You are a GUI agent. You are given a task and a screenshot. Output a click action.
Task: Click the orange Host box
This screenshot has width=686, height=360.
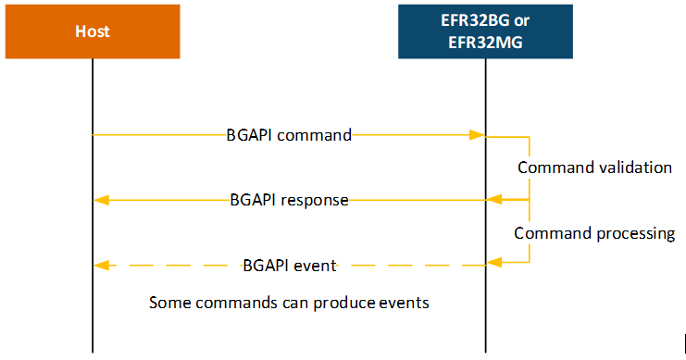93,31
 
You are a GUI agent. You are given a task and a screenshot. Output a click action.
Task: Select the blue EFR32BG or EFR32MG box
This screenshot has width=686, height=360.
484,31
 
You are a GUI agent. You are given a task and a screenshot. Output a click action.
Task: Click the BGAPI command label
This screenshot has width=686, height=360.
289,135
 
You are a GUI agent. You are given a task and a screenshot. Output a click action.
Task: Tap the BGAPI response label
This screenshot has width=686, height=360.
289,200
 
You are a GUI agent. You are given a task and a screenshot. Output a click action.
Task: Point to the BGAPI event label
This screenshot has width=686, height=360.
290,266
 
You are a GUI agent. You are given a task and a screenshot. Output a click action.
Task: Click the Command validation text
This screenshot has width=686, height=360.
593,168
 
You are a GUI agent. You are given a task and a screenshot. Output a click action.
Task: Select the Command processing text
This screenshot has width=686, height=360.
593,233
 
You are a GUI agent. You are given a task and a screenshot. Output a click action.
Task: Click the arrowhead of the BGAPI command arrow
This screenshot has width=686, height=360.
480,135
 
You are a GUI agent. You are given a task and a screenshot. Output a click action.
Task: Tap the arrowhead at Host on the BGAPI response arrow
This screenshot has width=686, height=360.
101,200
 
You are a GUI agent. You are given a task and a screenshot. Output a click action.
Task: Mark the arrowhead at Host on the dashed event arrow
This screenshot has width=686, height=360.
101,266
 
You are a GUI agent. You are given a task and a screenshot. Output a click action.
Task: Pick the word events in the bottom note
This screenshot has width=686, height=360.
406,303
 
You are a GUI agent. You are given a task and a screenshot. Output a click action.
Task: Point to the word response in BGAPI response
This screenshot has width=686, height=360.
317,200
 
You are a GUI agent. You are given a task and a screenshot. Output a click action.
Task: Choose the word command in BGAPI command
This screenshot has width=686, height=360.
316,135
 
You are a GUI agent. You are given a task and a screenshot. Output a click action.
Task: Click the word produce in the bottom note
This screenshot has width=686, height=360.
348,303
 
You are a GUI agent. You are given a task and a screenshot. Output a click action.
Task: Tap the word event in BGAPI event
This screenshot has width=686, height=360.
316,266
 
